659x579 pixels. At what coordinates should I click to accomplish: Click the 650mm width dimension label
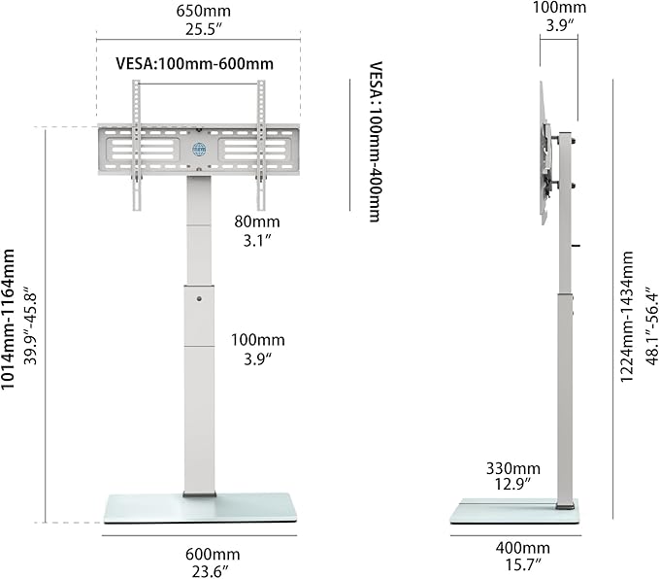(203, 11)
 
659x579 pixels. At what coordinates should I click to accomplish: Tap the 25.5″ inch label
(204, 29)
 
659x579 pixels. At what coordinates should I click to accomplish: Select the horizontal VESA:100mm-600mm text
(194, 63)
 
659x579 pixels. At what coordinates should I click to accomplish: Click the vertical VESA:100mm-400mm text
(376, 142)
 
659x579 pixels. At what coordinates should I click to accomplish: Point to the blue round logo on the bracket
(199, 149)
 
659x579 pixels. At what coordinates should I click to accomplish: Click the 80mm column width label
(257, 221)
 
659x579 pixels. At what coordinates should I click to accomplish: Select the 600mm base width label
(213, 554)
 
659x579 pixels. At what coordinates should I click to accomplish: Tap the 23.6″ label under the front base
(211, 571)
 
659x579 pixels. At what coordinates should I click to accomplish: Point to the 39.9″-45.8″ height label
(31, 326)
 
